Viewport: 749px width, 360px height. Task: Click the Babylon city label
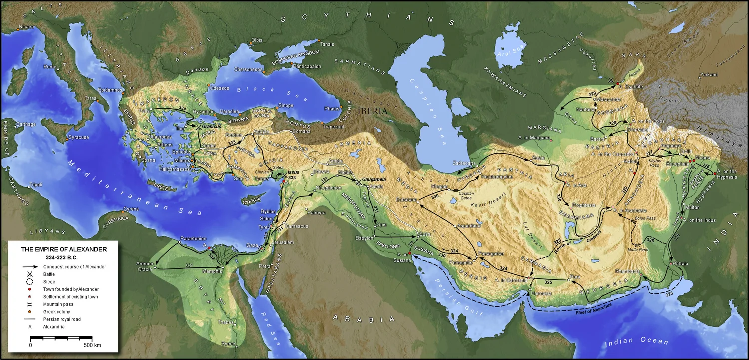click(x=364, y=238)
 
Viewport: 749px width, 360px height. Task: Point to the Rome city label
click(x=50, y=67)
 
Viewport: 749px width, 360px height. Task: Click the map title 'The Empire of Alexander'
click(x=63, y=248)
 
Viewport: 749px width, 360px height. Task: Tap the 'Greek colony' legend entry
click(x=57, y=312)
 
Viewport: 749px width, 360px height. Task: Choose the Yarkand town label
click(x=709, y=75)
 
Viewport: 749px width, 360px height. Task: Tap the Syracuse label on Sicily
click(x=79, y=137)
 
